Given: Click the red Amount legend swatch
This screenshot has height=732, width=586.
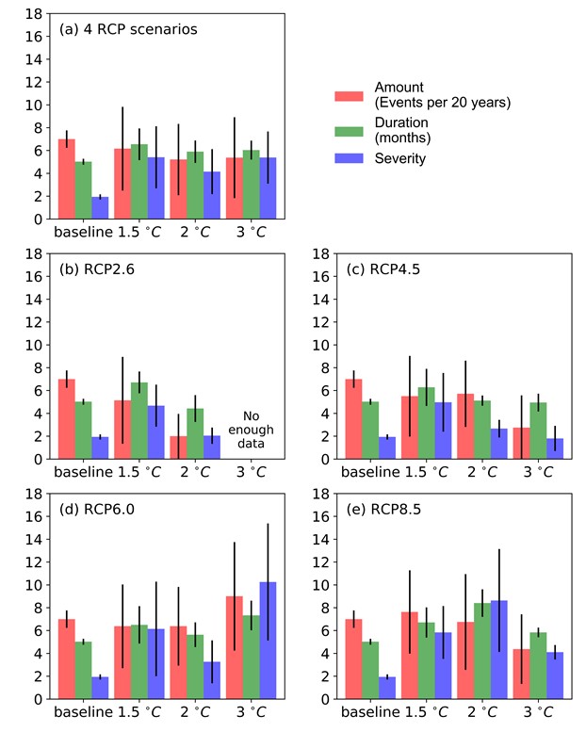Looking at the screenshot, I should tap(350, 95).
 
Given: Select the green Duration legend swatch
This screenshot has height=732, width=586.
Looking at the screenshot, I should tap(350, 128).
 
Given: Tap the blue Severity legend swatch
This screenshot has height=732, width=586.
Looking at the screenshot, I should tap(350, 158).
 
